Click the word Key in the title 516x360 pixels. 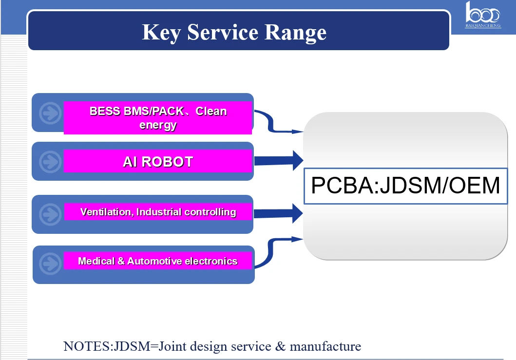tap(161, 33)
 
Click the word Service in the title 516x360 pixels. tap(223, 32)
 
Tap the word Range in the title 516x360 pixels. tap(295, 33)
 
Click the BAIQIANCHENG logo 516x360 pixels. tap(483, 15)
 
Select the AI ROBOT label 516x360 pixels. tap(158, 162)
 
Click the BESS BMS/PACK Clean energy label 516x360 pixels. tap(158, 118)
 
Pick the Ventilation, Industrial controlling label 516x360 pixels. tap(158, 211)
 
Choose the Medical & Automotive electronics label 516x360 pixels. tap(158, 261)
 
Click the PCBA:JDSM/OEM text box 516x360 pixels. tap(405, 186)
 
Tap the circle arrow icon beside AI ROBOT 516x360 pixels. tap(50, 162)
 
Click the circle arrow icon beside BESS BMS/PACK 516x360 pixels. tap(50, 113)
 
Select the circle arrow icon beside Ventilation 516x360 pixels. tap(50, 214)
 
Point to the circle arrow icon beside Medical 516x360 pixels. tap(50, 263)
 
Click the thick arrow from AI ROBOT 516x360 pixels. tap(279, 161)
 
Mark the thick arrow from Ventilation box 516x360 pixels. tap(278, 213)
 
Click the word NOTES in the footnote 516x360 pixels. tap(86, 346)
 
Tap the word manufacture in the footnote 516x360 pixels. tap(325, 346)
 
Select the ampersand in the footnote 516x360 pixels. tap(280, 346)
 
